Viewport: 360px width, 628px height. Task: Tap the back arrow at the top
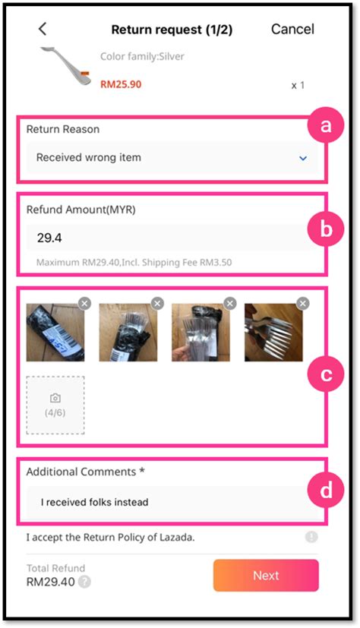43,29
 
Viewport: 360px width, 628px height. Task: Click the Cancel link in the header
292,30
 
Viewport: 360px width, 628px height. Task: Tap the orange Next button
266,575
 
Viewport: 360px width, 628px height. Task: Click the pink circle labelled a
326,128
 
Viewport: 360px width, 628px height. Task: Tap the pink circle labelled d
326,491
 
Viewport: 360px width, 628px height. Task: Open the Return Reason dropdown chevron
303,158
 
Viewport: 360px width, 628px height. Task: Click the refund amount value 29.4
50,238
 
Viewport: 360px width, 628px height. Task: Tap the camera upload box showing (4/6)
55,405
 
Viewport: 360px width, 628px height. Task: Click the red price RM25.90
121,84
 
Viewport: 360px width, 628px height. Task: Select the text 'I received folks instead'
94,502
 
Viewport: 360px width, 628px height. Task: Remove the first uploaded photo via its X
84,303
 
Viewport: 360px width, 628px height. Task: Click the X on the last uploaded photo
303,303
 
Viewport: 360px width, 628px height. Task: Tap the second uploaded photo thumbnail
128,333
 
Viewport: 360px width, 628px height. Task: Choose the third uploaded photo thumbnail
201,333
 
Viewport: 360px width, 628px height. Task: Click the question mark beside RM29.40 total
85,582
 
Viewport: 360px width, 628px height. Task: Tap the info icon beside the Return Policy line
311,537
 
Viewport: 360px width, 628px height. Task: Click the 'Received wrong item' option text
89,158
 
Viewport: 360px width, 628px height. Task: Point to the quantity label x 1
298,85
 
